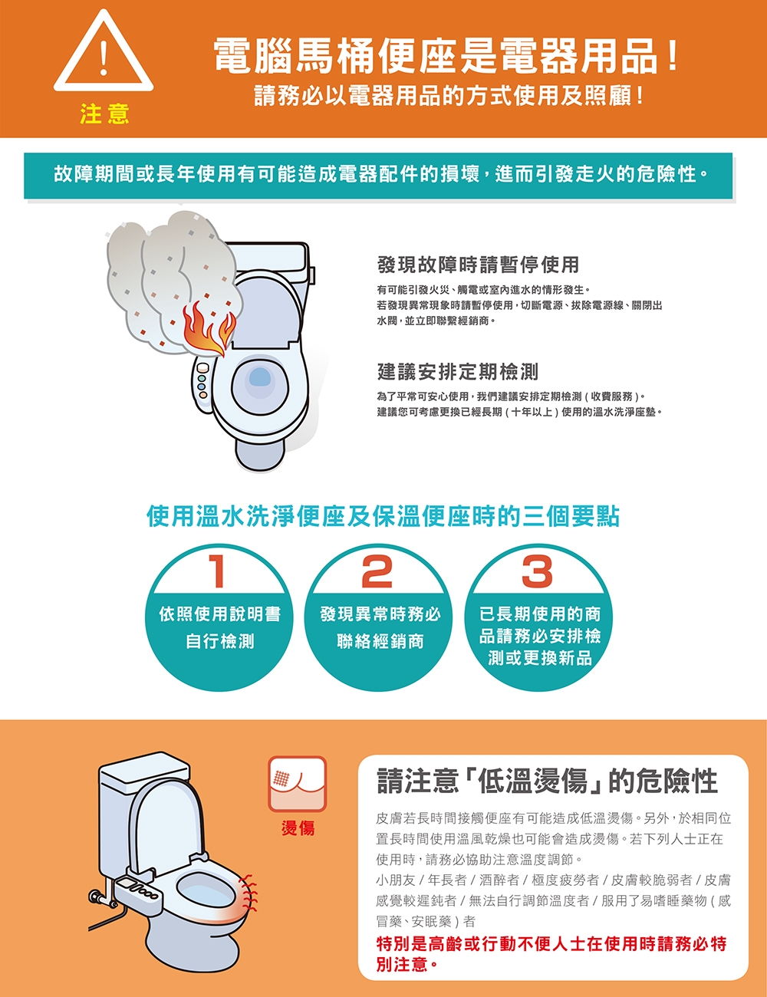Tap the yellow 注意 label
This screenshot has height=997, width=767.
click(x=104, y=114)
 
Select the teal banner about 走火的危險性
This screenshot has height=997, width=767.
click(x=378, y=176)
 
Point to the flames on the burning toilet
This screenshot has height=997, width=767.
click(x=209, y=329)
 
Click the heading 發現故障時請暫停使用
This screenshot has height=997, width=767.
click(x=478, y=265)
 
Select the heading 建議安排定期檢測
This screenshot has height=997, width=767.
click(x=457, y=371)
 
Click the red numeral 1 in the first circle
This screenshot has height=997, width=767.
click(x=216, y=571)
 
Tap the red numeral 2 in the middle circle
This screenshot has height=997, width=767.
click(x=377, y=571)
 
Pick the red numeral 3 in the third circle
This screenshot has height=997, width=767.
click(x=537, y=571)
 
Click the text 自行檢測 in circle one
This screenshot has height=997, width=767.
click(x=219, y=641)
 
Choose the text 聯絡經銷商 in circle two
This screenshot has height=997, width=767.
click(x=380, y=641)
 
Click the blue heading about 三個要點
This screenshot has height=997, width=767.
click(x=383, y=517)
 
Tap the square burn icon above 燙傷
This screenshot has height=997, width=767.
click(x=298, y=784)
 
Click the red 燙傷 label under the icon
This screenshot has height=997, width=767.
click(x=298, y=828)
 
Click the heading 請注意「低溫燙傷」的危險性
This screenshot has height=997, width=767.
click(x=547, y=781)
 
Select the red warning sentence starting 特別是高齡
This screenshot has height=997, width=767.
click(x=551, y=954)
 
